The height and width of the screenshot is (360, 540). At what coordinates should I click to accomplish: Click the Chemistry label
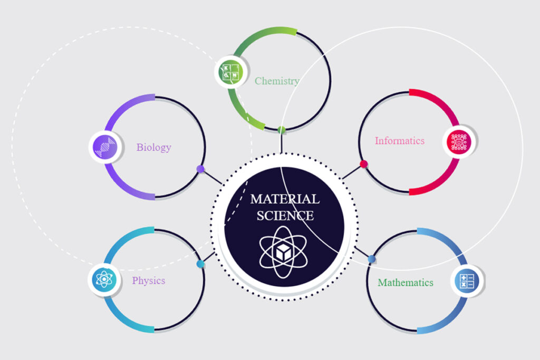(x=277, y=81)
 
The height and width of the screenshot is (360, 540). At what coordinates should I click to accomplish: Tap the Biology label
(x=153, y=147)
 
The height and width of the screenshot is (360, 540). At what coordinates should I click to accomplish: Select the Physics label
(x=148, y=280)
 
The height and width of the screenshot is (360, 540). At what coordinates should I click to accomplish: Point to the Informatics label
(x=399, y=141)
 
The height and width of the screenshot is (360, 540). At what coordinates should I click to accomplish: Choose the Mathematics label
(x=405, y=283)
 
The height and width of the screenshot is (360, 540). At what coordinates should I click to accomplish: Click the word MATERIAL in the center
(x=285, y=199)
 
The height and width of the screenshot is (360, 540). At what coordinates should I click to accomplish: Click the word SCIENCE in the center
(x=285, y=215)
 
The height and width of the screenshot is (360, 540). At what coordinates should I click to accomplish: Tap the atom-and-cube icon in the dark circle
(x=285, y=252)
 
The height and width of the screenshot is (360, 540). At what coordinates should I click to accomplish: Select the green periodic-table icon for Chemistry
(x=231, y=72)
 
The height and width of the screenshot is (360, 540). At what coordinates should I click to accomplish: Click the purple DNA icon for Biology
(x=104, y=147)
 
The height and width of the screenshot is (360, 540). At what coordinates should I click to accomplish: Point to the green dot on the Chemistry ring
(x=282, y=130)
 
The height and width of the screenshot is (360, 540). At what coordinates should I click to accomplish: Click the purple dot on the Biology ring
(x=200, y=169)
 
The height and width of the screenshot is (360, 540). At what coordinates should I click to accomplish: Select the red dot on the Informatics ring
(x=363, y=164)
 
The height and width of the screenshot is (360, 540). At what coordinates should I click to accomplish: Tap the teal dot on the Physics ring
(x=200, y=264)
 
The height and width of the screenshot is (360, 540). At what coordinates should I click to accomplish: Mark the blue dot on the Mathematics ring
(x=371, y=259)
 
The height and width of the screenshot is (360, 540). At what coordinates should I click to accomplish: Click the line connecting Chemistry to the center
(x=282, y=142)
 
